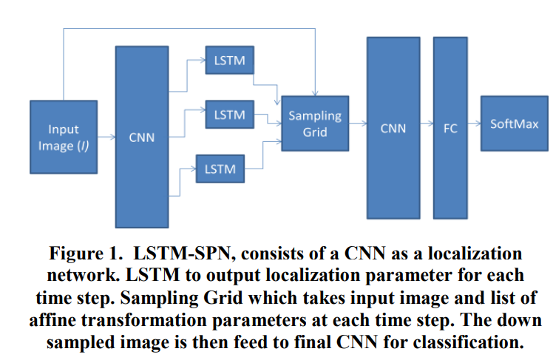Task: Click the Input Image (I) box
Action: point(64,136)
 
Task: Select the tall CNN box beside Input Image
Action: point(141,137)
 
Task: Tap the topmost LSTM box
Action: point(229,60)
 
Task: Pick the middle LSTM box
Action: point(229,115)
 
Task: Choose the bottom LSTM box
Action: point(219,169)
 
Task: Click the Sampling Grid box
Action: point(315,123)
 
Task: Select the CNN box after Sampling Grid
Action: point(393,128)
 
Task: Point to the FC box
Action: point(450,128)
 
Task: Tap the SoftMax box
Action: point(510,123)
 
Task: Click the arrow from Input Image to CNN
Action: point(106,137)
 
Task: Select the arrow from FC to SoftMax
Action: point(474,126)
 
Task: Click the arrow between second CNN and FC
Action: point(427,126)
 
